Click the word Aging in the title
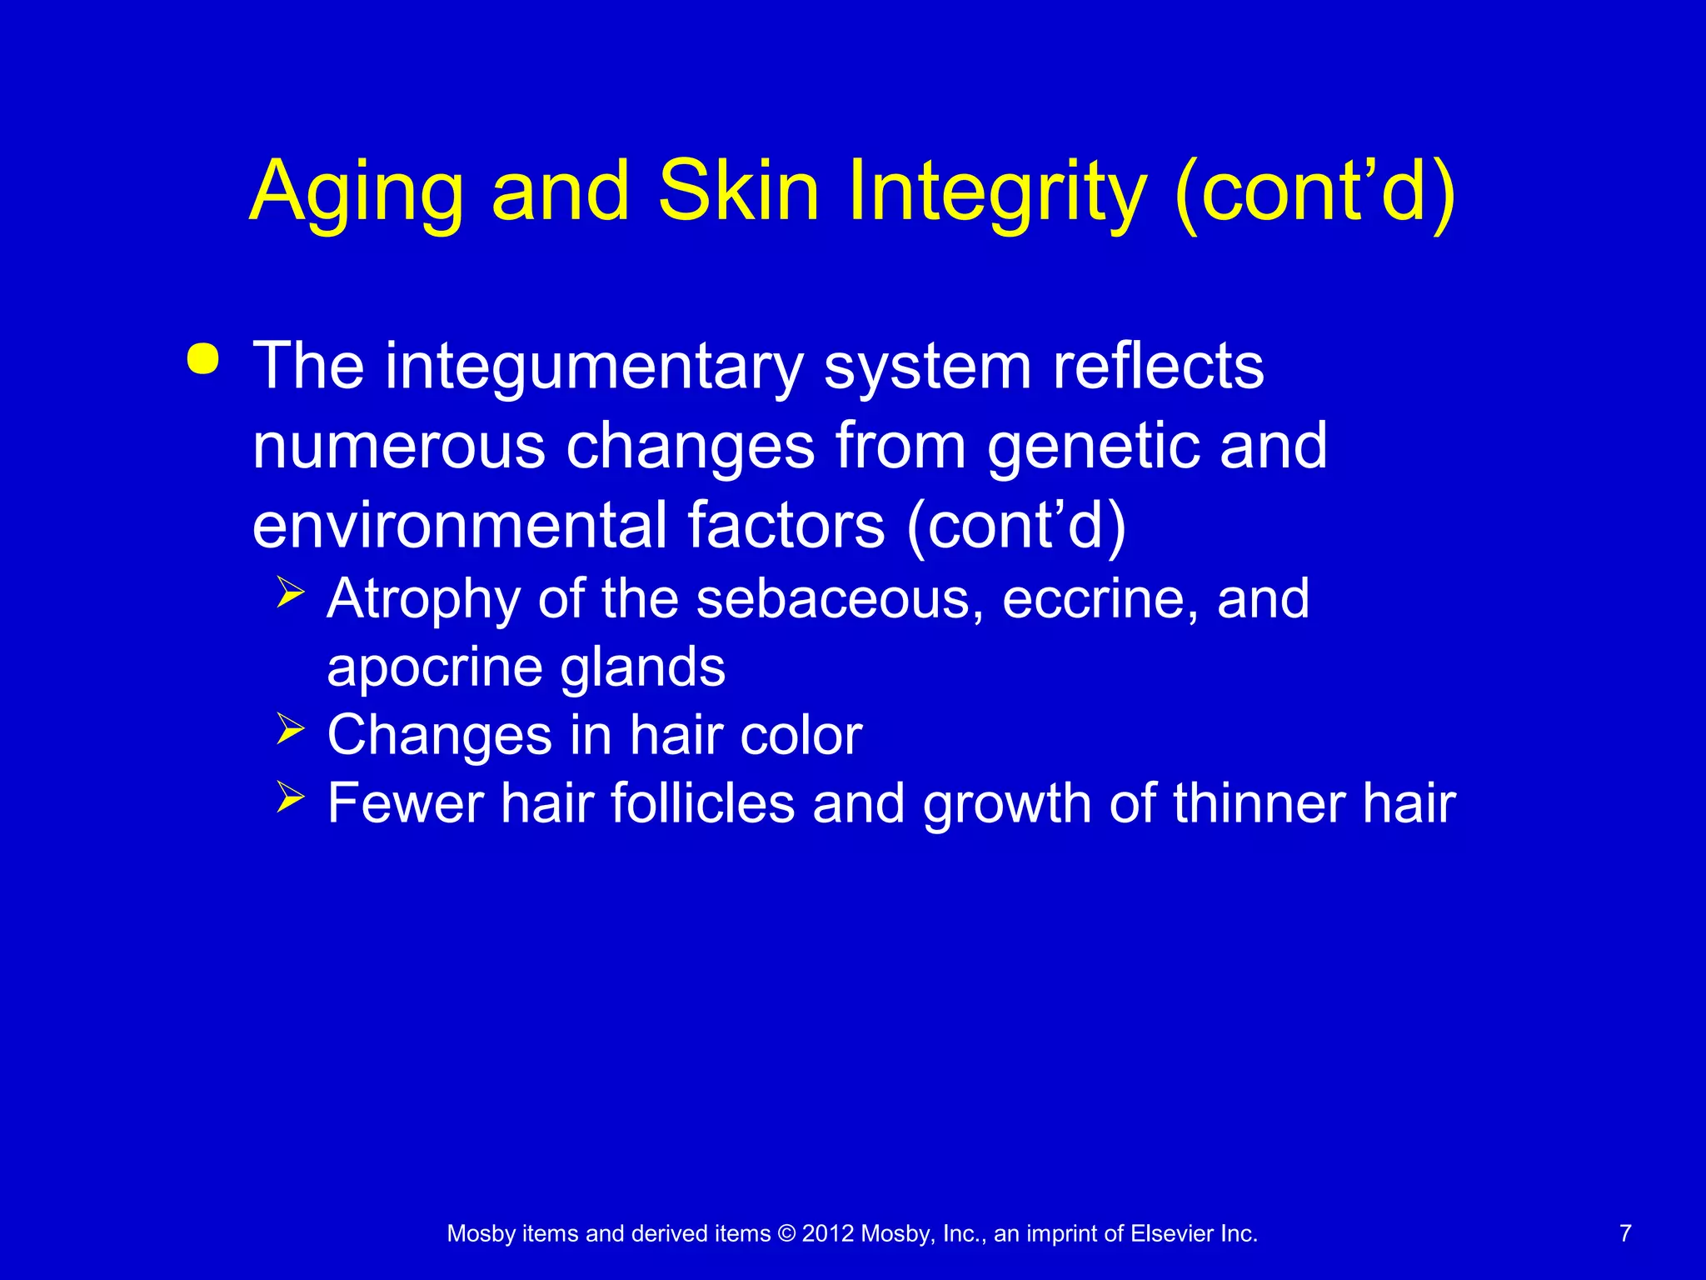[356, 193]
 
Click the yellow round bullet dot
[202, 359]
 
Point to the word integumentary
[594, 367]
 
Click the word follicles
[702, 803]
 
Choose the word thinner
[1258, 803]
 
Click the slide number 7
[1625, 1233]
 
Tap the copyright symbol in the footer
[786, 1234]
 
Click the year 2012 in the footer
[828, 1234]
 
